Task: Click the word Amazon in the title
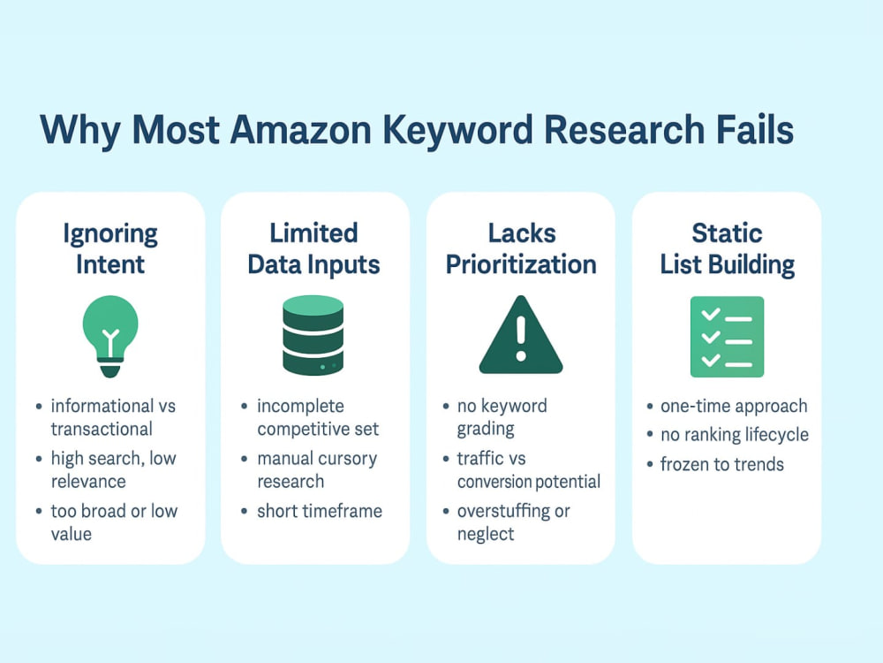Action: click(301, 130)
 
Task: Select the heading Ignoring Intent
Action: click(110, 249)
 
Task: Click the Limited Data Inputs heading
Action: click(313, 249)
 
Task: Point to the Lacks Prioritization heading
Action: click(521, 249)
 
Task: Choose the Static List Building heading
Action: click(727, 249)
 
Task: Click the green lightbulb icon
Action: click(110, 337)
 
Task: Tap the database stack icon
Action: click(313, 335)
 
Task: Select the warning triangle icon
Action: click(521, 335)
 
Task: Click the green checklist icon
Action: click(727, 337)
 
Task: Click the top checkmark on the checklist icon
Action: click(711, 314)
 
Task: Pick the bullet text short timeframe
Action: click(320, 511)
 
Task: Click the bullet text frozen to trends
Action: click(722, 465)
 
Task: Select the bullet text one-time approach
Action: click(734, 406)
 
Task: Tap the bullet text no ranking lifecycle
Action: click(735, 435)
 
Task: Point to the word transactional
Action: click(102, 429)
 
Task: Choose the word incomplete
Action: click(301, 406)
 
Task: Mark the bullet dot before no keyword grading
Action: click(446, 406)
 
